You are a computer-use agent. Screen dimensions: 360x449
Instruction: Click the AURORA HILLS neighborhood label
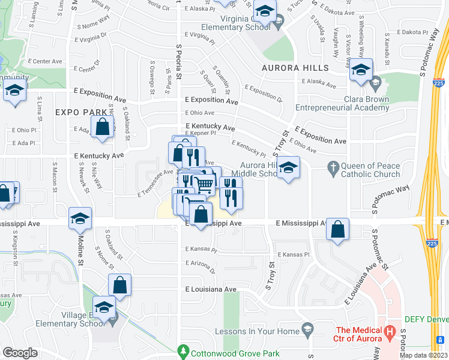(295, 68)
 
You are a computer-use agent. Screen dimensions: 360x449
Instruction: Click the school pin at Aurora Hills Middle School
(289, 169)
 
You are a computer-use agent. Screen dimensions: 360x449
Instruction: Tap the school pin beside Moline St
(80, 220)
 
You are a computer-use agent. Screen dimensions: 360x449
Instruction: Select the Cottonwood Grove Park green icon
(184, 350)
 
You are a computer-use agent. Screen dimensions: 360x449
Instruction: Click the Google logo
(20, 352)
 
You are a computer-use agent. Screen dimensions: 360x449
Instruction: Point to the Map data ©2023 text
(424, 355)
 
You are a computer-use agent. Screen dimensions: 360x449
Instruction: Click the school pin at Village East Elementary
(104, 309)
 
